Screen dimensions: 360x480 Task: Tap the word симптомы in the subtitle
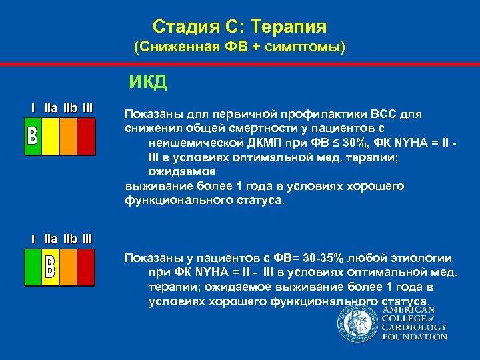tap(306, 47)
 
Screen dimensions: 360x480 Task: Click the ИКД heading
tap(148, 83)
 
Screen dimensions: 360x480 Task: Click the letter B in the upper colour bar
tap(32, 137)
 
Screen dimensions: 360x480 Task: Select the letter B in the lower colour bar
tap(51, 267)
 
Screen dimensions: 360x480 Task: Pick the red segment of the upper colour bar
tap(87, 137)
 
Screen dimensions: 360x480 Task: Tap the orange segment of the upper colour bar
tap(69, 137)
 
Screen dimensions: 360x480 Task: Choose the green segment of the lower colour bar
tap(32, 267)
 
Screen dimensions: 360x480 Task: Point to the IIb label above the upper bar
tap(70, 107)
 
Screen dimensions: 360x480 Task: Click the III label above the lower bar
tap(87, 238)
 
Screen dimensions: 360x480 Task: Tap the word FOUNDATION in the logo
tap(414, 337)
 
